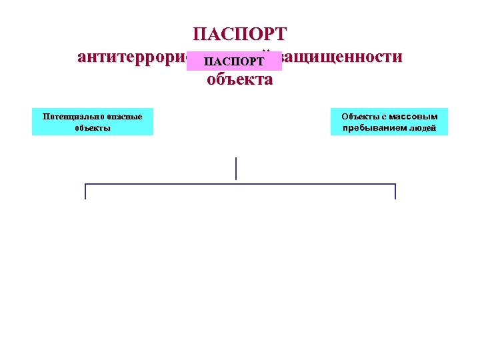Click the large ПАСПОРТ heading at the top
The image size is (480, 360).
(239, 33)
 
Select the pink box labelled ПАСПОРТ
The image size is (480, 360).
(235, 61)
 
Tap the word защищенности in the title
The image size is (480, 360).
(343, 57)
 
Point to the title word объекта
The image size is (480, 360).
(239, 80)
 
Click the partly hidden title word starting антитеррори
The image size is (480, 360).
(132, 57)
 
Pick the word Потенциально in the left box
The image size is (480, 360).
(69, 116)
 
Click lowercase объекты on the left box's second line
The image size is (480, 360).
(93, 127)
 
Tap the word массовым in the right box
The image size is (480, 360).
(413, 116)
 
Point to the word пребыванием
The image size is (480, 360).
(374, 127)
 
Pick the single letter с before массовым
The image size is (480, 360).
(384, 116)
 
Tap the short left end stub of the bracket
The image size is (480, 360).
(85, 192)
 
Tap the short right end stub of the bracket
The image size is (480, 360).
(395, 192)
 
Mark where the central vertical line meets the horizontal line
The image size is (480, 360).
(236, 184)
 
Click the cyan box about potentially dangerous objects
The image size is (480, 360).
(93, 122)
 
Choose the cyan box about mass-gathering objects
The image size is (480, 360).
(389, 122)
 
